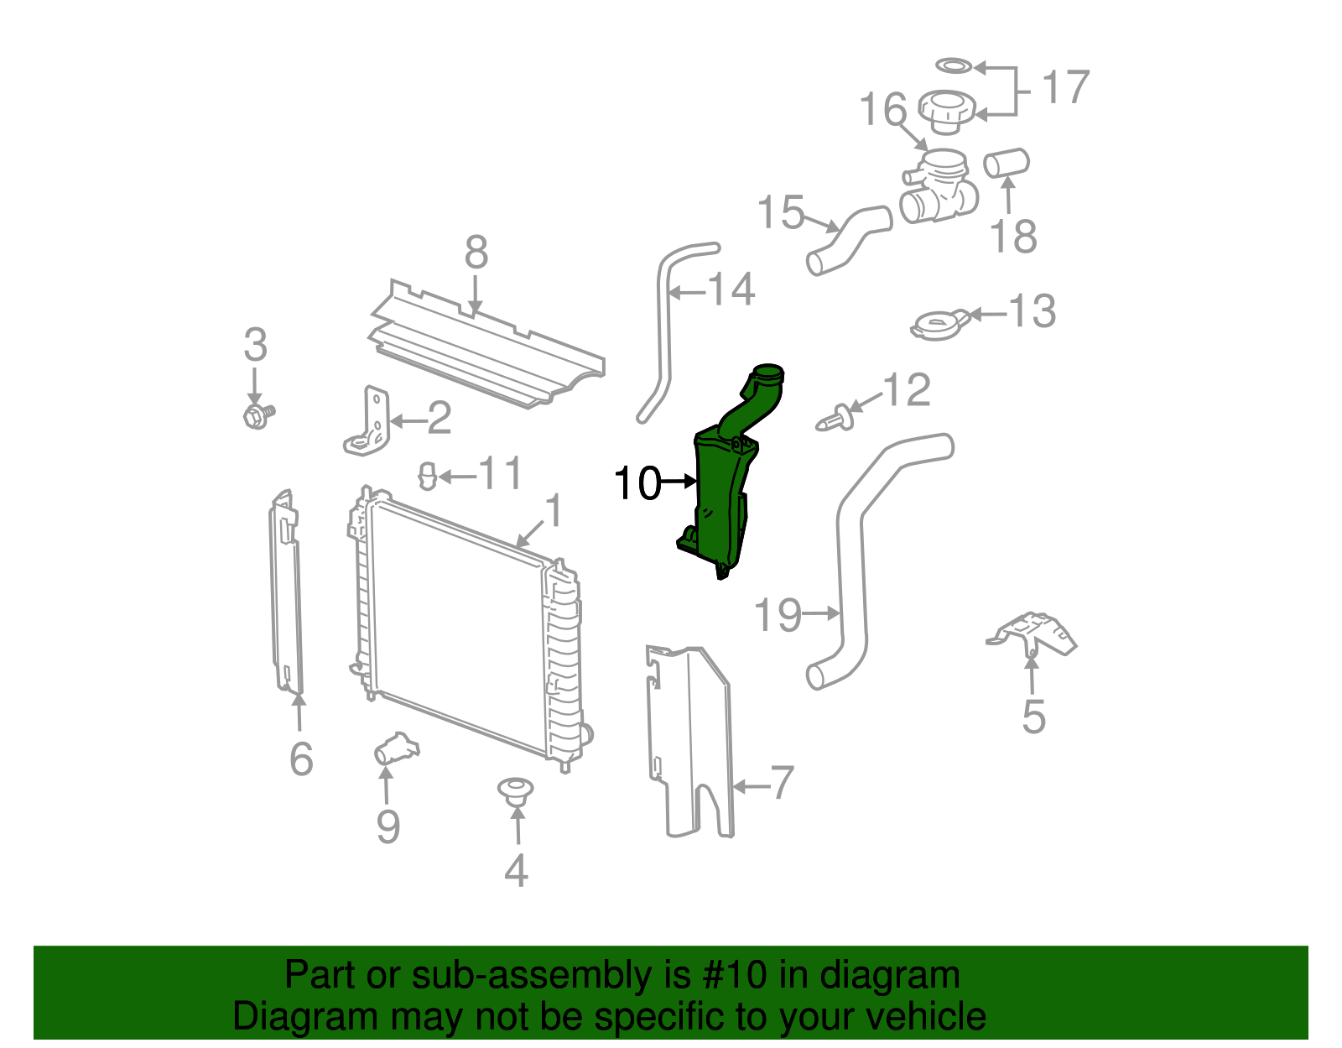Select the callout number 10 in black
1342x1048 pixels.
point(637,483)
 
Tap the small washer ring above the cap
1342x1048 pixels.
point(954,65)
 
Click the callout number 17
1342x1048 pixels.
point(1065,87)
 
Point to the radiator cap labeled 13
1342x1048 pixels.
point(938,324)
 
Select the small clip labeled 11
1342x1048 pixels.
point(428,477)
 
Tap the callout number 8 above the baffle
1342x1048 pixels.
point(476,252)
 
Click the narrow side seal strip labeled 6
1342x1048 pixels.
point(285,592)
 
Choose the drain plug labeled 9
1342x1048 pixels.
point(396,748)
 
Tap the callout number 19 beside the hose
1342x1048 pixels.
point(778,615)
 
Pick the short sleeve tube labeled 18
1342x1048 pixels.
point(1006,163)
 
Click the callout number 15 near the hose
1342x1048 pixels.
point(780,213)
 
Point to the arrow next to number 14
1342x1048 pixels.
point(688,293)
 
